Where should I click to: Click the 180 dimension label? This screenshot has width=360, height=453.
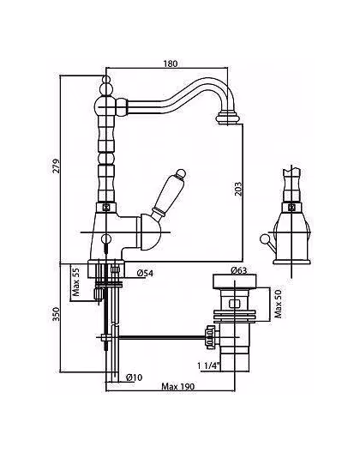click(171, 63)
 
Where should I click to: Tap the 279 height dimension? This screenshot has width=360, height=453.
click(56, 166)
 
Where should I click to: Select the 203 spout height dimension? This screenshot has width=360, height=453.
click(238, 190)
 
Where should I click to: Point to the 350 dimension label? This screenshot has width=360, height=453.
click(56, 314)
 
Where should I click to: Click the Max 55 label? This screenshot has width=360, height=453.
click(76, 281)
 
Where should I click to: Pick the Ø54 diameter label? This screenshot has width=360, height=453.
click(145, 273)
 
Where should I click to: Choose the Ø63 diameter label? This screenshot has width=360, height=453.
click(239, 270)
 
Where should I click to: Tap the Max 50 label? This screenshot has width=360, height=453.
click(279, 304)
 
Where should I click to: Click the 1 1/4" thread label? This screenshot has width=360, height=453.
click(209, 365)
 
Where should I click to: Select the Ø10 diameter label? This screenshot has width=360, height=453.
click(135, 377)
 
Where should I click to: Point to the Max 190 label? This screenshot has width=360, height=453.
click(177, 387)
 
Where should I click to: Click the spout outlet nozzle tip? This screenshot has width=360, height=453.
click(228, 118)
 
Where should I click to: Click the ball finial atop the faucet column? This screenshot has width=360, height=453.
click(106, 80)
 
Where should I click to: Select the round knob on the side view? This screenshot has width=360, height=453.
click(264, 239)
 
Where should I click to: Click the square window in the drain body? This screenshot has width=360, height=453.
click(235, 305)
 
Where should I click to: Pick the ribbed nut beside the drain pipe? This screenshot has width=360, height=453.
click(210, 337)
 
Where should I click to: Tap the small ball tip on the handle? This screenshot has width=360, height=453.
click(181, 173)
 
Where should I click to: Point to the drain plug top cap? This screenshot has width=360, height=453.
click(235, 281)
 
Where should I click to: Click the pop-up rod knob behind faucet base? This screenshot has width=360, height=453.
click(106, 239)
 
